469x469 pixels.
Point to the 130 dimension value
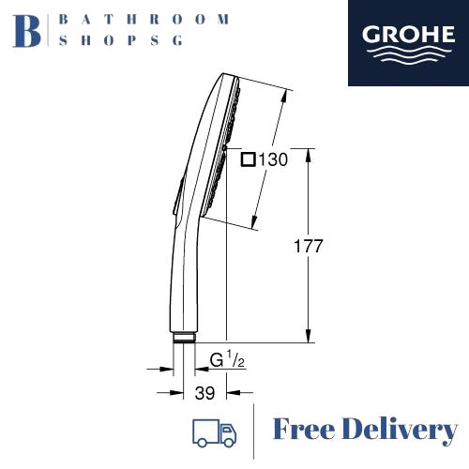point(273,159)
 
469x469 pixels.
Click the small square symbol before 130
point(248,159)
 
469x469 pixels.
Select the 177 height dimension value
point(308,247)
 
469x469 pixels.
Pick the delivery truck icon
point(213,431)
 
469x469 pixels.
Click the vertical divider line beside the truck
point(254,431)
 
